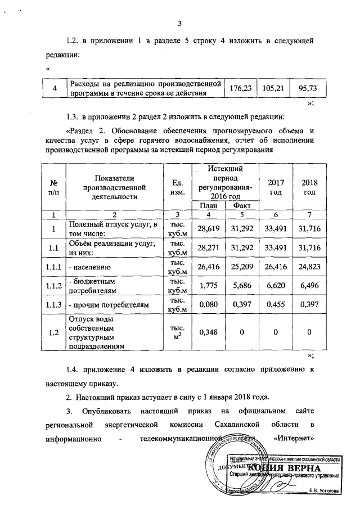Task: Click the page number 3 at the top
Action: [179, 23]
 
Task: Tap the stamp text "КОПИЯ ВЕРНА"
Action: [284, 469]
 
